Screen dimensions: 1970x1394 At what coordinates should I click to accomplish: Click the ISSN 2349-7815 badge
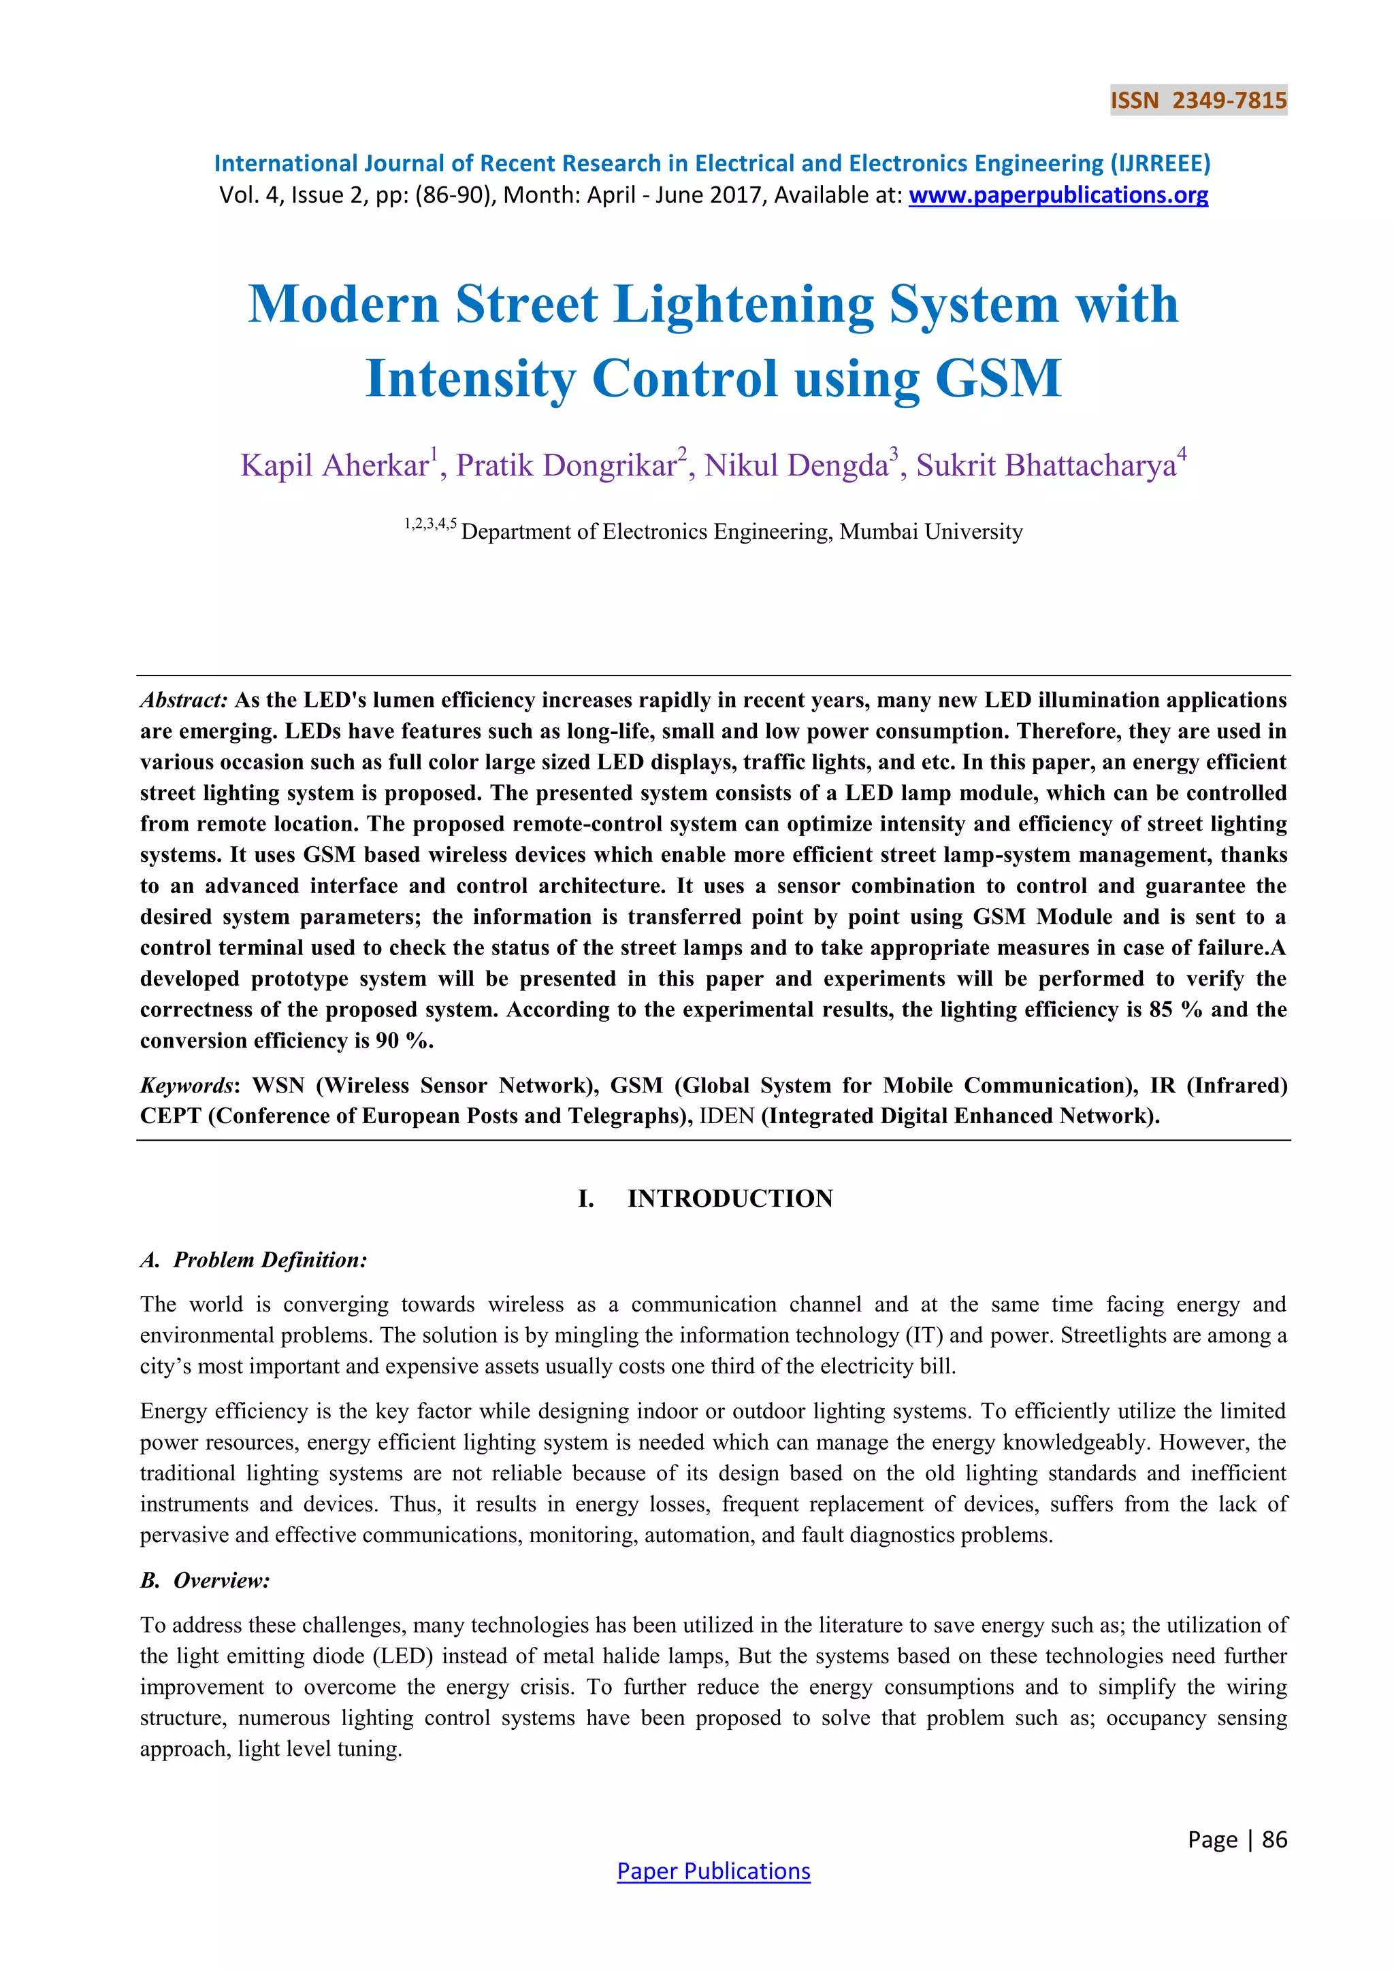[1198, 101]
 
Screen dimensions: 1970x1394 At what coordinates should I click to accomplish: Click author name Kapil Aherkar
[335, 466]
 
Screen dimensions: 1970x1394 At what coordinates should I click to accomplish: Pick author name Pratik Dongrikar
[566, 466]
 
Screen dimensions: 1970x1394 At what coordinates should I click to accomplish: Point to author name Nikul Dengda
[796, 466]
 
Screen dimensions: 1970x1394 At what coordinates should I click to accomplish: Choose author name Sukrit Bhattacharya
[1045, 466]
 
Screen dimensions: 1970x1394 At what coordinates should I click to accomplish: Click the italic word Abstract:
[184, 700]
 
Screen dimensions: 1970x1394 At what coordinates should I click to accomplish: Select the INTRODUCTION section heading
[730, 1199]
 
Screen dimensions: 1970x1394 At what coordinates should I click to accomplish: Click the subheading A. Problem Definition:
[253, 1260]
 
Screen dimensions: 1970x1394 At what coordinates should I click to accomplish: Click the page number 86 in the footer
[1275, 1839]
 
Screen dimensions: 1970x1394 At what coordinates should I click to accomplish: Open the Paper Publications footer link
[713, 1871]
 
